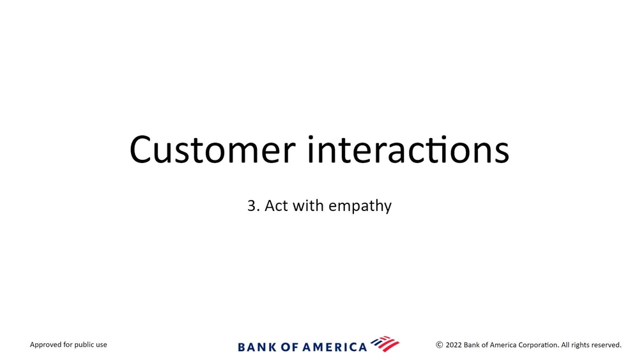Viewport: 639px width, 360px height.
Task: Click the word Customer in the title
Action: (x=212, y=149)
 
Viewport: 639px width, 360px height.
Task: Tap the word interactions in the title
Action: (x=408, y=149)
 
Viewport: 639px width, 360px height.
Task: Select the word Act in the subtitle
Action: (x=277, y=205)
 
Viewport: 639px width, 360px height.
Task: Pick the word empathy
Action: (x=360, y=207)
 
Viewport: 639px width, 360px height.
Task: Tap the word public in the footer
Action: (x=84, y=345)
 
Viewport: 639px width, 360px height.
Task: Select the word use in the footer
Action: (x=102, y=345)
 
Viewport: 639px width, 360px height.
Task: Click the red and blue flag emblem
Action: (x=385, y=344)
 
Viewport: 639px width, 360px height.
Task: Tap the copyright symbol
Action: (x=440, y=345)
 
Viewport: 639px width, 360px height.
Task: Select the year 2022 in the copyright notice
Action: (x=454, y=345)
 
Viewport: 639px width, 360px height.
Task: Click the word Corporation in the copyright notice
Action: (x=538, y=345)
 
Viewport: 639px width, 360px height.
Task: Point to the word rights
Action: (x=580, y=345)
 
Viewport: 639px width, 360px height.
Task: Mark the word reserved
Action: (x=606, y=345)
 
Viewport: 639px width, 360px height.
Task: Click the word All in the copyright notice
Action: (x=565, y=345)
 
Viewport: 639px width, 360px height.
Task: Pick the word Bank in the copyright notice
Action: (x=472, y=345)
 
